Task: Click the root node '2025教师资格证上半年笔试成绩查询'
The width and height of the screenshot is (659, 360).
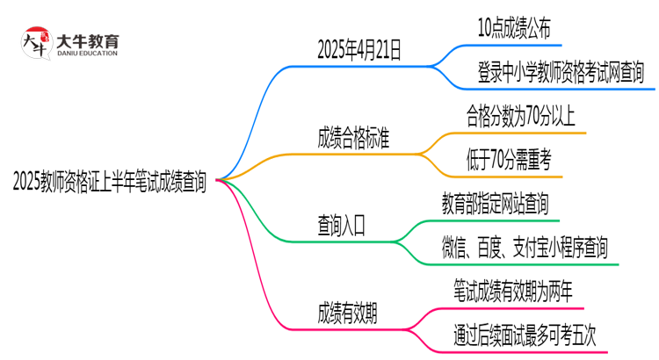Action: [x=110, y=181]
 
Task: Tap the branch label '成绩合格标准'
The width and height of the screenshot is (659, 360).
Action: [x=354, y=138]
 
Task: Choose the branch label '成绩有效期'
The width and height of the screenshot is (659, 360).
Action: [x=348, y=312]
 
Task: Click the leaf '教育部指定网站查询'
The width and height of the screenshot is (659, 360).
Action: [x=496, y=205]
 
